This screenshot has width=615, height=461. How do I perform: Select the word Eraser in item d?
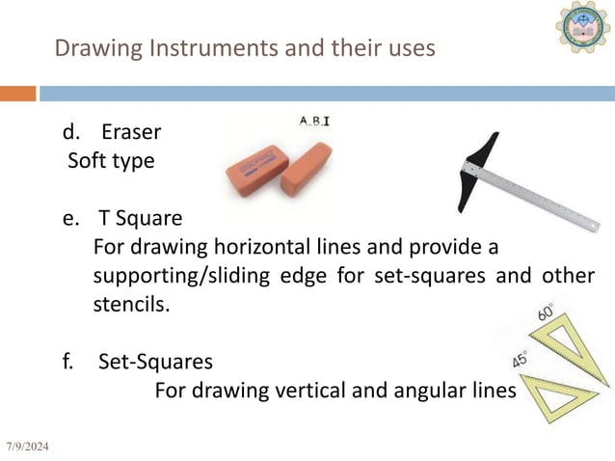coord(130,132)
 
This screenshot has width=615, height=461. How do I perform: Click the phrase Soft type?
coord(111,160)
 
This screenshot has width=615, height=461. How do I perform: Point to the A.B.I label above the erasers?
coord(313,122)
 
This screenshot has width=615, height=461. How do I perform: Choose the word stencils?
coord(131,305)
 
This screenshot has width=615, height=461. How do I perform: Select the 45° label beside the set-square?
coord(518,360)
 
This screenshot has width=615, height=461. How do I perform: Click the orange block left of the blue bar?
coord(17,94)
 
